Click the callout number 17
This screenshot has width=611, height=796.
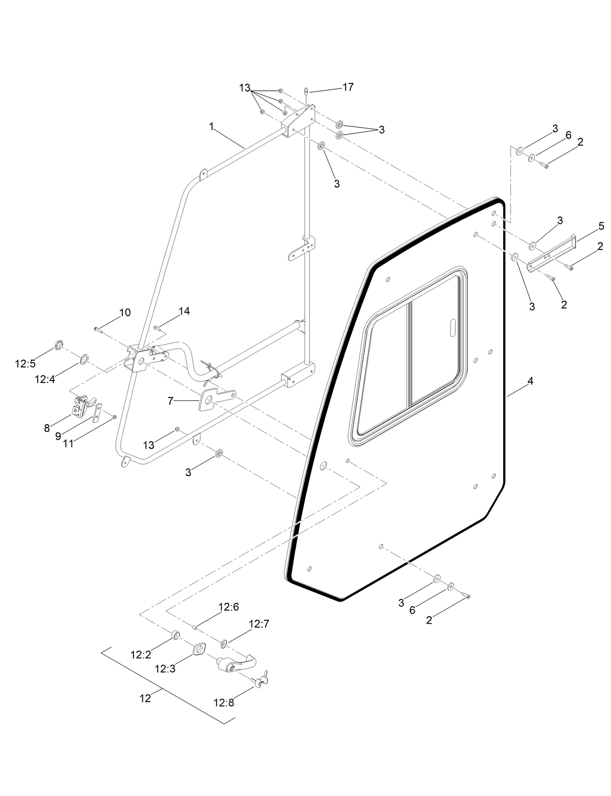[x=348, y=87]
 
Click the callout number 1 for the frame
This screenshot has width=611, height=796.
[x=211, y=126]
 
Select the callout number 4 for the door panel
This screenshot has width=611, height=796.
[x=530, y=381]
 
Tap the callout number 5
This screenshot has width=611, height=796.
[x=601, y=226]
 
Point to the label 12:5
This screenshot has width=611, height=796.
[x=25, y=364]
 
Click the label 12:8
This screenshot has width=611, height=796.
[x=223, y=702]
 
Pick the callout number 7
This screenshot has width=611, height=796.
[x=170, y=401]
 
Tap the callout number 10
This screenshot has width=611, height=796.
[x=125, y=313]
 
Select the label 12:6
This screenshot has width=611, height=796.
[x=228, y=607]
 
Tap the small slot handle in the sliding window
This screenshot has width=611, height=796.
[x=452, y=328]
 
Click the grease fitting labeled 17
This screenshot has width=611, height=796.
[x=307, y=90]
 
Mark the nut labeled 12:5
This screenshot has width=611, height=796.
[x=57, y=346]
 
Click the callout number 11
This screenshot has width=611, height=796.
[x=68, y=443]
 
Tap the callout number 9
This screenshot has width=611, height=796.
[x=58, y=436]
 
